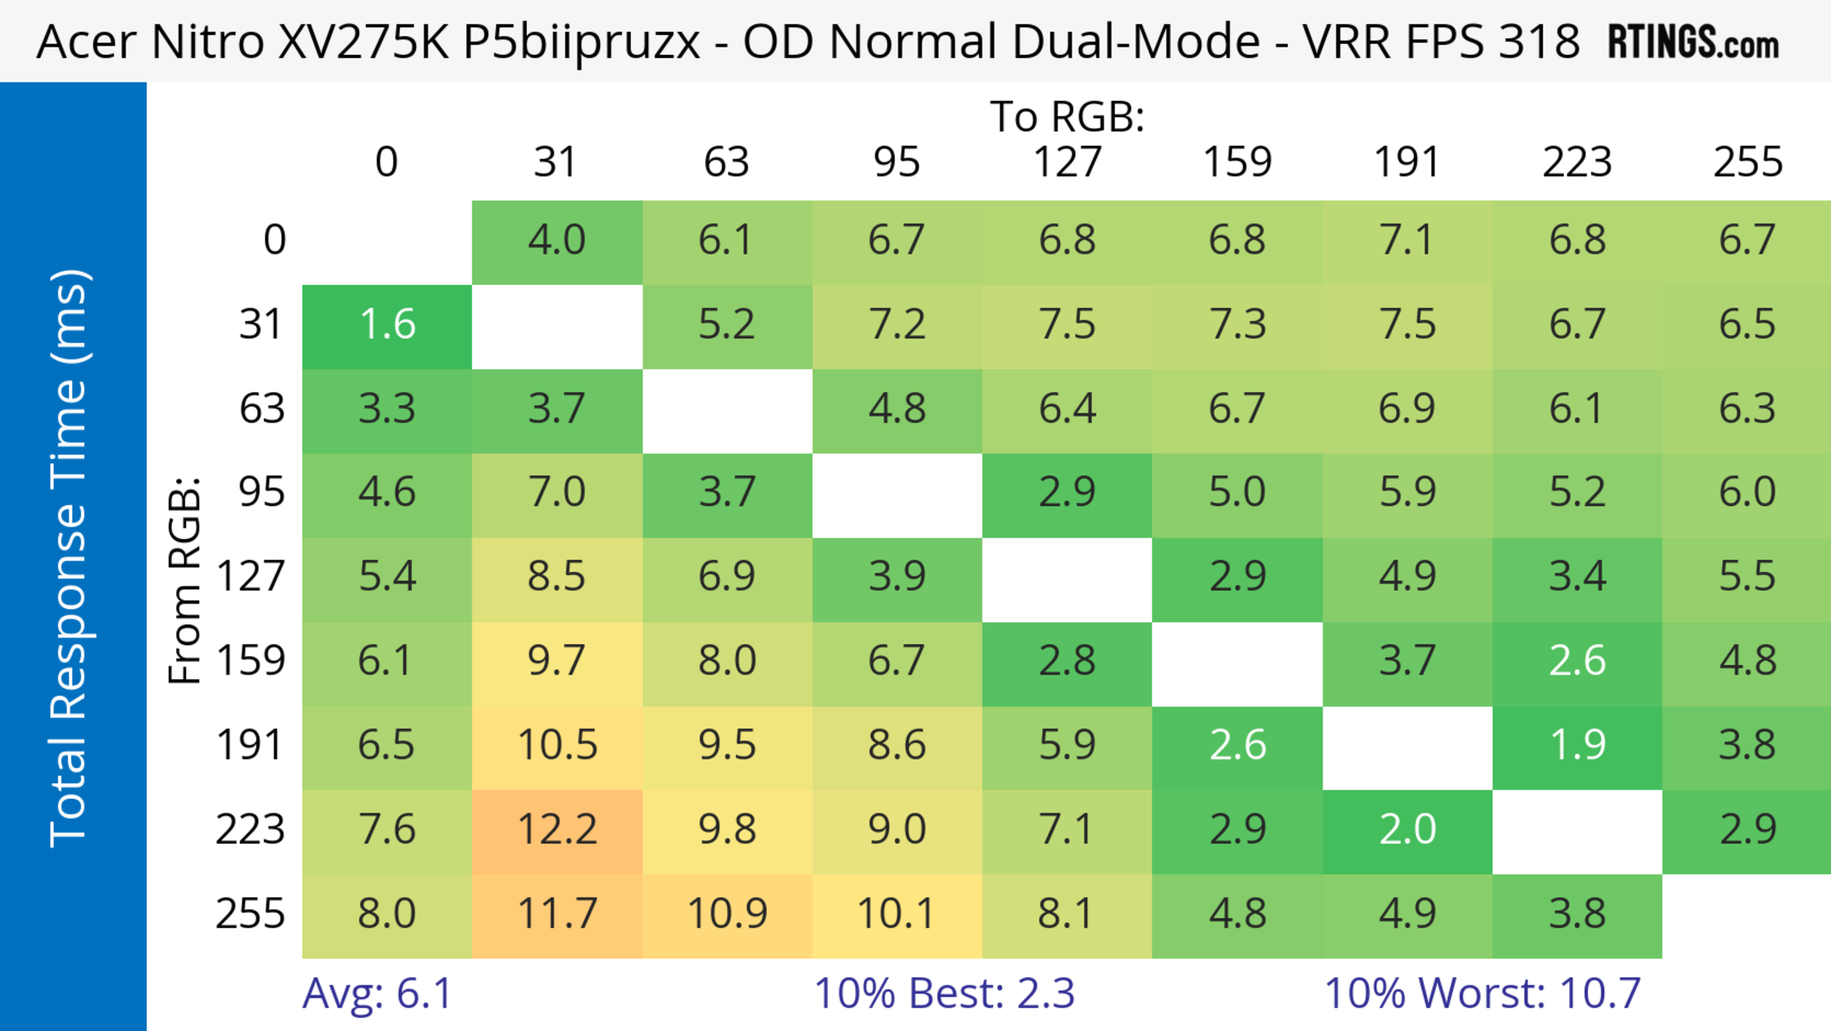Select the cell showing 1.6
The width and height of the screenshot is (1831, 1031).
point(387,325)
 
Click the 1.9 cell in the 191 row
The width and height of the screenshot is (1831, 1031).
point(1577,746)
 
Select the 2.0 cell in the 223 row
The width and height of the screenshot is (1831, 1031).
point(1408,830)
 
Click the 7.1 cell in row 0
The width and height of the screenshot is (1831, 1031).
point(1408,240)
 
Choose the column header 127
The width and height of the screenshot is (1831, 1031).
point(1067,163)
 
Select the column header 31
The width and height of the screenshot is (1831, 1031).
point(555,163)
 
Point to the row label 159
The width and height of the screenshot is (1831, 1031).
point(251,661)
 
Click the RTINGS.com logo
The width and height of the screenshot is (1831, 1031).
point(1693,42)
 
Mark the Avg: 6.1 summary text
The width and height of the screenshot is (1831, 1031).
point(377,993)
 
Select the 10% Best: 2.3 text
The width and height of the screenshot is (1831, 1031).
point(944,993)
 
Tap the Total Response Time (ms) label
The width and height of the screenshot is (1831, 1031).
point(70,558)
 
